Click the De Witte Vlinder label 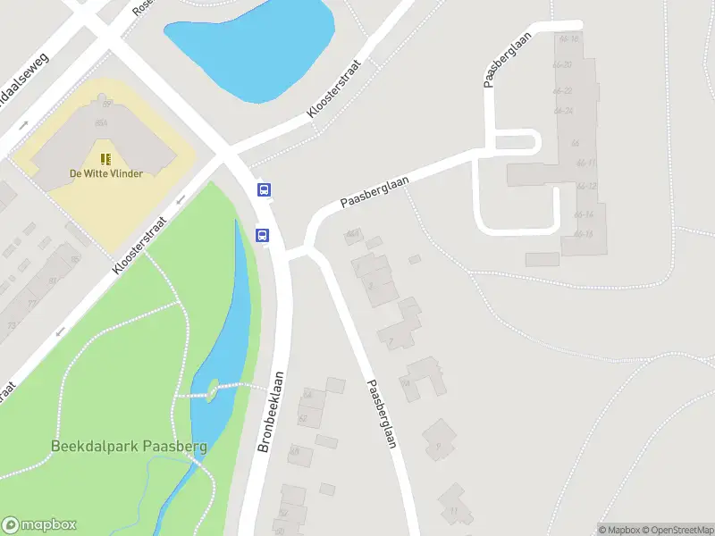(105, 173)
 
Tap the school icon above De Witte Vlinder (105, 159)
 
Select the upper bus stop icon (265, 189)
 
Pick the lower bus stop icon (264, 235)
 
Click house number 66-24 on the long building (563, 112)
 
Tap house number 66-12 (585, 187)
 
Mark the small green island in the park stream (213, 387)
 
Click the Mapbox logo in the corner (39, 525)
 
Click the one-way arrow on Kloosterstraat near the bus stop (181, 198)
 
